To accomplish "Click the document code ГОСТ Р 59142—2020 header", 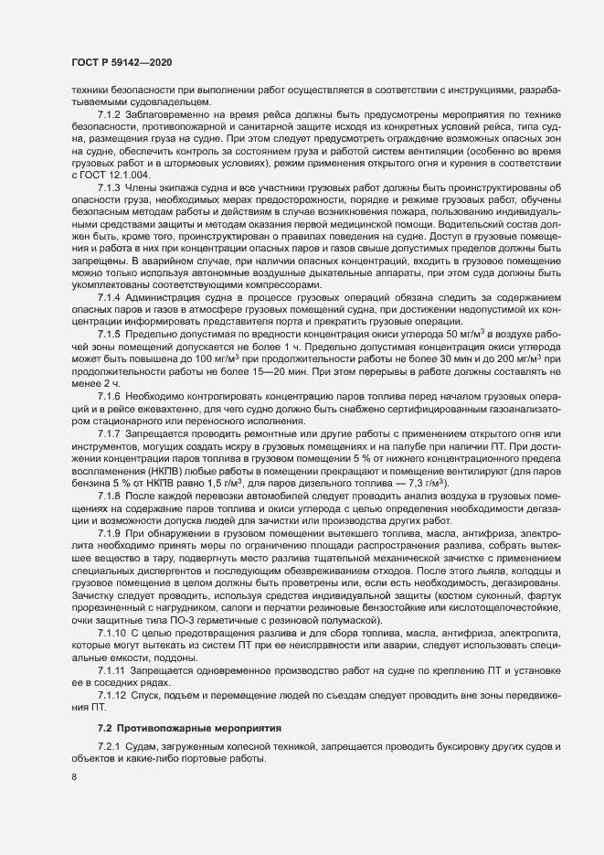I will coord(121,62).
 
